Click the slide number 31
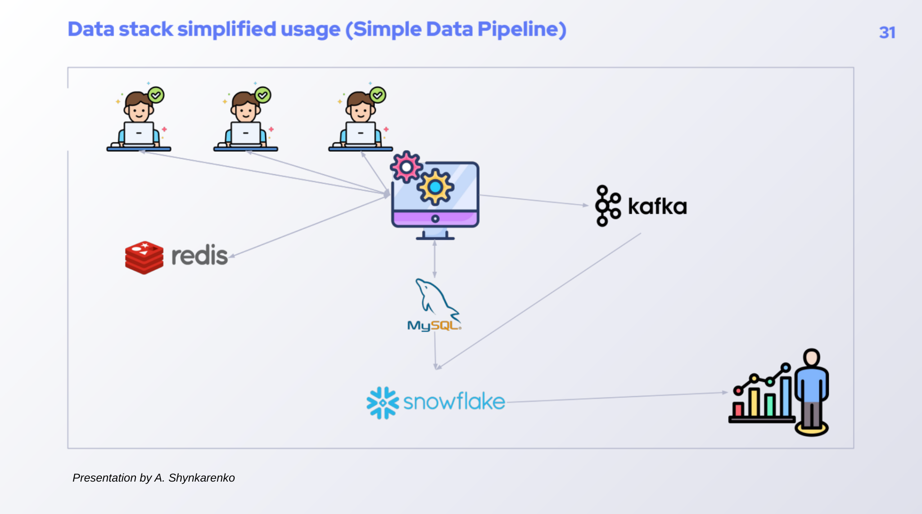coord(887,32)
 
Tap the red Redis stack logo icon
coord(144,257)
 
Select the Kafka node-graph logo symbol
coord(607,206)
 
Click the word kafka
coord(657,207)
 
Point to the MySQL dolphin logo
coord(435,299)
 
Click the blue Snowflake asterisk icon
coord(383,403)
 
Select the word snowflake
coord(454,401)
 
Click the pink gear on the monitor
coord(406,167)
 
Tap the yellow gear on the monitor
coord(435,187)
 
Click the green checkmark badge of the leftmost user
coord(156,95)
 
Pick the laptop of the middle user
coord(245,133)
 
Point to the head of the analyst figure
coord(812,358)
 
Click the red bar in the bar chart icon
coord(738,409)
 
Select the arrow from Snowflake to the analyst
coord(617,397)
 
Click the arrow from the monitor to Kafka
coord(533,200)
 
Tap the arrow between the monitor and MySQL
coord(434,259)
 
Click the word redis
coord(199,256)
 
